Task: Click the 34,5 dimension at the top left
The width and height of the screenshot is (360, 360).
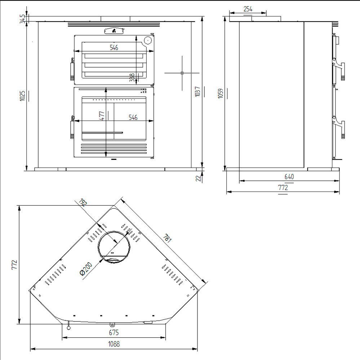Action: tap(22, 19)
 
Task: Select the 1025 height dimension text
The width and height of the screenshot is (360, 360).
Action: tap(22, 96)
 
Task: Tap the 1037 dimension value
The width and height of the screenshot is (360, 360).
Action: tap(197, 91)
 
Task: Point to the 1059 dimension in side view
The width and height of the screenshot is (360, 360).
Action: tap(221, 94)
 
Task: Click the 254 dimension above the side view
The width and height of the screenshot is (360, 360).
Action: tap(248, 9)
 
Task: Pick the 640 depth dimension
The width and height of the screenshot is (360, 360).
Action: tap(289, 176)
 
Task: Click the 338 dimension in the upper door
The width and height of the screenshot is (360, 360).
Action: tap(132, 78)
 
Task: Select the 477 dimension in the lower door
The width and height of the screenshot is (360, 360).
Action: tap(102, 116)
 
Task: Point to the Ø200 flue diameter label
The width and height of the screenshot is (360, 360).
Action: tap(86, 269)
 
